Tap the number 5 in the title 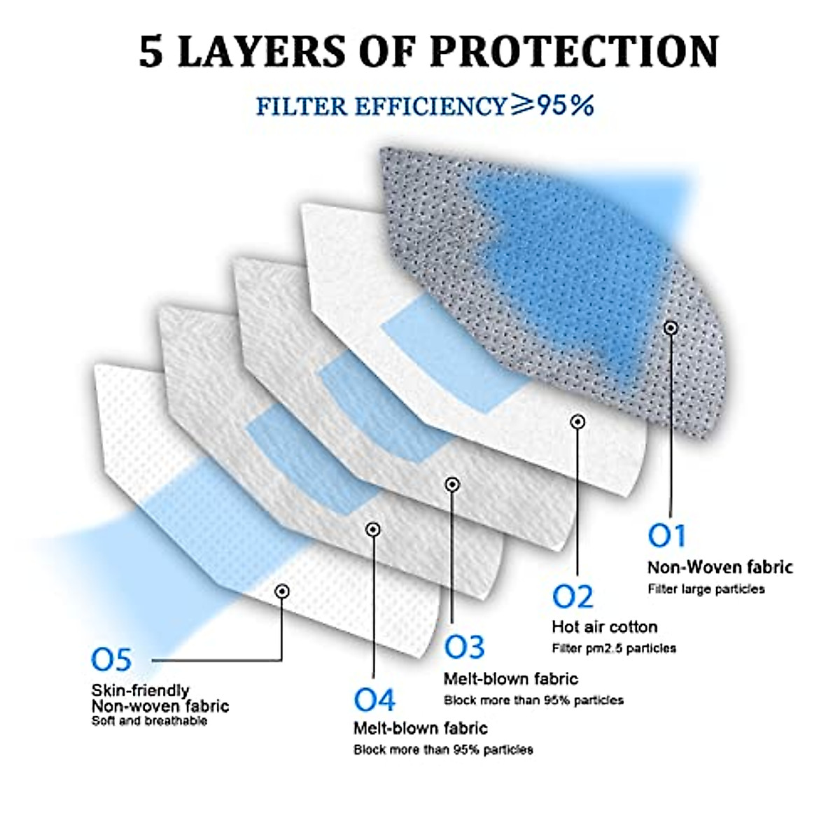click(x=151, y=52)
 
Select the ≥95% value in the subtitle click(x=552, y=105)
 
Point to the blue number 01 click(x=666, y=536)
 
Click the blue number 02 click(x=572, y=597)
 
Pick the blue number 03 click(x=464, y=647)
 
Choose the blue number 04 click(x=374, y=699)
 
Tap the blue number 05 click(x=111, y=659)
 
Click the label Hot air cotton click(x=605, y=626)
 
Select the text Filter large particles click(x=706, y=589)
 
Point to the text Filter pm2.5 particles click(x=614, y=648)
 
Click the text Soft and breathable click(x=149, y=721)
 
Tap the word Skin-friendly click(x=141, y=691)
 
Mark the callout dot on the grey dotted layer click(x=671, y=327)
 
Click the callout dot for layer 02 click(x=577, y=421)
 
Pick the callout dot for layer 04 click(x=373, y=529)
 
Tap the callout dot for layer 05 click(x=282, y=591)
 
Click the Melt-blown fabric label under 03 click(x=511, y=678)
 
